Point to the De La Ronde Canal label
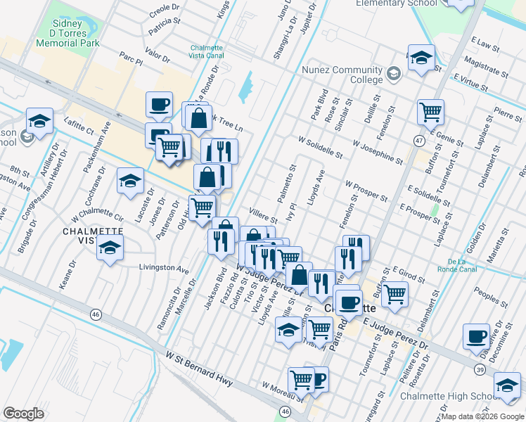(x=457, y=264)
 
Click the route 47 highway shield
(x=418, y=141)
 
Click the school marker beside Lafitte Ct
(x=39, y=120)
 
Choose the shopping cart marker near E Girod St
(x=395, y=293)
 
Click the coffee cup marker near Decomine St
(x=477, y=335)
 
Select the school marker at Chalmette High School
(x=506, y=383)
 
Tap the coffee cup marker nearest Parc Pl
(x=158, y=105)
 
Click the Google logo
(x=23, y=414)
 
